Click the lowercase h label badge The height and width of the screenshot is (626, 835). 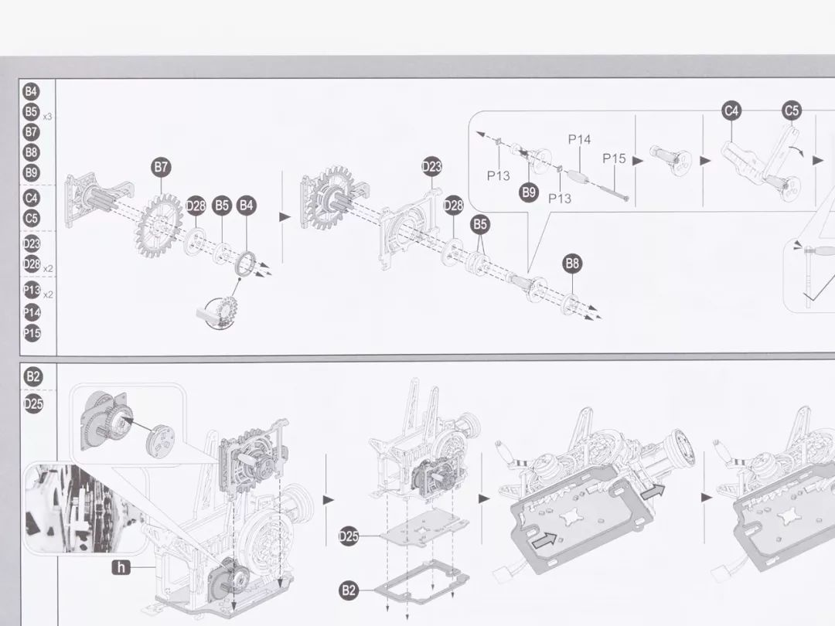pyautogui.click(x=121, y=568)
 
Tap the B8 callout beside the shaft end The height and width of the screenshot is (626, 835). pyautogui.click(x=571, y=264)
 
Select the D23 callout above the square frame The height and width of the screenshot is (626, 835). pyautogui.click(x=432, y=166)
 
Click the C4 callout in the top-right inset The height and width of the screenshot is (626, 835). pyautogui.click(x=731, y=111)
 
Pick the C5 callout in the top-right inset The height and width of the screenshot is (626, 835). pyautogui.click(x=792, y=111)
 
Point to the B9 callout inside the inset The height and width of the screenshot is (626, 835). pyautogui.click(x=529, y=192)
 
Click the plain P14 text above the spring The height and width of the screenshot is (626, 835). pyautogui.click(x=579, y=140)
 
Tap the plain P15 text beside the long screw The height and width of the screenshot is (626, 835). pyautogui.click(x=615, y=158)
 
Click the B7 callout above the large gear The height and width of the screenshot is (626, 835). pyautogui.click(x=161, y=167)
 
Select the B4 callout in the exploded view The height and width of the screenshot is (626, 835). pyautogui.click(x=247, y=206)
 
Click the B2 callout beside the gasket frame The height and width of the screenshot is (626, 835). pyautogui.click(x=349, y=590)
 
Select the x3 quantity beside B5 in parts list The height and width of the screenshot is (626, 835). pyautogui.click(x=47, y=117)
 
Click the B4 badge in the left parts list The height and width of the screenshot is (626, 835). pyautogui.click(x=31, y=91)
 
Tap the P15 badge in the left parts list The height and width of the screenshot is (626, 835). pyautogui.click(x=32, y=334)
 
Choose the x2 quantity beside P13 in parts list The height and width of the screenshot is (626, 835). pyautogui.click(x=48, y=294)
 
